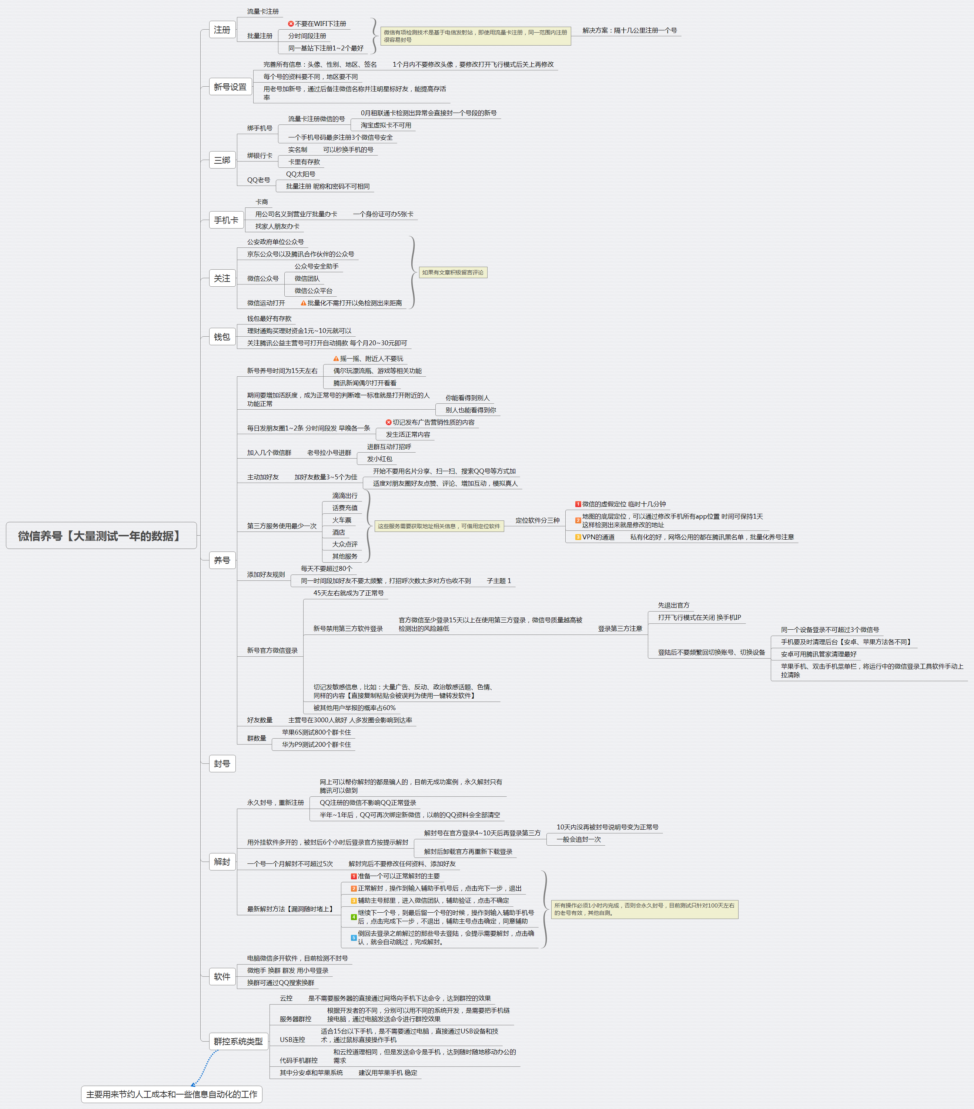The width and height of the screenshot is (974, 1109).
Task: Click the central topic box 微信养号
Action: click(101, 536)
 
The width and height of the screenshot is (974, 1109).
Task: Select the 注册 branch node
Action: click(222, 30)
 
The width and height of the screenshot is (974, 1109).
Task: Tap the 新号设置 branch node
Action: click(230, 87)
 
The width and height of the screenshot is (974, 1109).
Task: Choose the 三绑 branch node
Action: click(222, 160)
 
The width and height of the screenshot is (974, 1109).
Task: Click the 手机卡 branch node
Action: click(225, 220)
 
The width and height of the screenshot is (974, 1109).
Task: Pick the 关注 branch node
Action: click(222, 278)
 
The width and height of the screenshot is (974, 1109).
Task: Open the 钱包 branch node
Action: click(222, 337)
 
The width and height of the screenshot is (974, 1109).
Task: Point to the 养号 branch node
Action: click(222, 560)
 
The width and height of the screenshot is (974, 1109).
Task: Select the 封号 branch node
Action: click(222, 763)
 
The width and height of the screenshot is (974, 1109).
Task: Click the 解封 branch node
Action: click(222, 862)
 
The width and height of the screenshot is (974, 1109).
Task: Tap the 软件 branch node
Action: click(222, 977)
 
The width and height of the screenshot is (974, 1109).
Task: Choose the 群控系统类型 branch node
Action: click(238, 1041)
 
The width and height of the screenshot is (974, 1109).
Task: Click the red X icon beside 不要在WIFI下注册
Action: click(291, 24)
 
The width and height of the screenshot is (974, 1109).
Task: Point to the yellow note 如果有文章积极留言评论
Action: click(453, 272)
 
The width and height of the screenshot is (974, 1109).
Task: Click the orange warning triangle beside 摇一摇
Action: click(336, 359)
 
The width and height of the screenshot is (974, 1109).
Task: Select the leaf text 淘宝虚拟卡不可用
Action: click(386, 125)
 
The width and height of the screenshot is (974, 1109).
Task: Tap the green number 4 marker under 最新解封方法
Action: click(354, 917)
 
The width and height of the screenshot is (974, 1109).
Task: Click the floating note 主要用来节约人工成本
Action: click(171, 1094)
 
